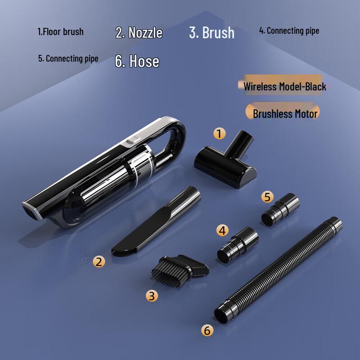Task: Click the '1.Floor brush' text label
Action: [60, 32]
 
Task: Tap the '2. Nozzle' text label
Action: [139, 32]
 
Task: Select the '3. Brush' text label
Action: [211, 32]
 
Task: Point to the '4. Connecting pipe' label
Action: [289, 31]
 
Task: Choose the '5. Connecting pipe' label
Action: [68, 58]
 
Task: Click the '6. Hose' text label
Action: [137, 61]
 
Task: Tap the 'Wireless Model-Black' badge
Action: [284, 86]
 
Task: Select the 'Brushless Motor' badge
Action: [285, 113]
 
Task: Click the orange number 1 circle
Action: [219, 134]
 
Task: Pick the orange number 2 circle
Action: [99, 261]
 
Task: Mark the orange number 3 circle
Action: [152, 295]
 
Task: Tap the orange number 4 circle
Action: [222, 230]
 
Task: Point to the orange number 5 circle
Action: [267, 197]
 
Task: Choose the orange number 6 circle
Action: [207, 330]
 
